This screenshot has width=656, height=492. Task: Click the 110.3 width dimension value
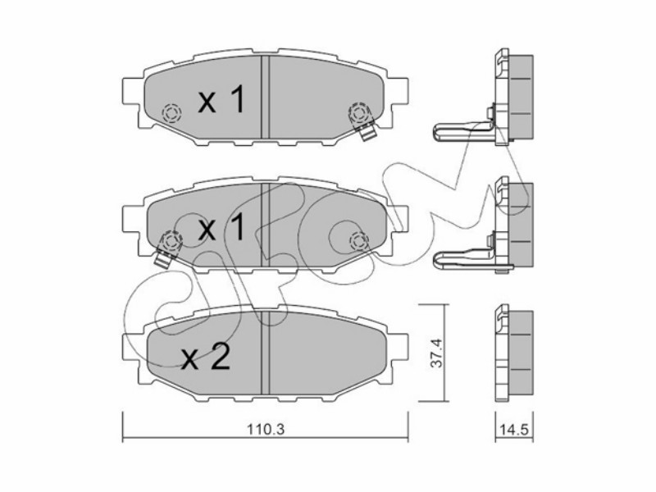(x=265, y=429)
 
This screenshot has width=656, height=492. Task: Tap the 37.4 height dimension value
(x=437, y=353)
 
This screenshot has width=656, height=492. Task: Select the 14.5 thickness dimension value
(x=515, y=429)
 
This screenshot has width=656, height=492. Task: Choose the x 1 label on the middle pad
(x=221, y=228)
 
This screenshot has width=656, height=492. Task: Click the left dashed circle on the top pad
(x=172, y=112)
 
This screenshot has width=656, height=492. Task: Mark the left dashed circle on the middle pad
(x=172, y=240)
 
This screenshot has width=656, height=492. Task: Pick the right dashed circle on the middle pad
(x=359, y=240)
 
